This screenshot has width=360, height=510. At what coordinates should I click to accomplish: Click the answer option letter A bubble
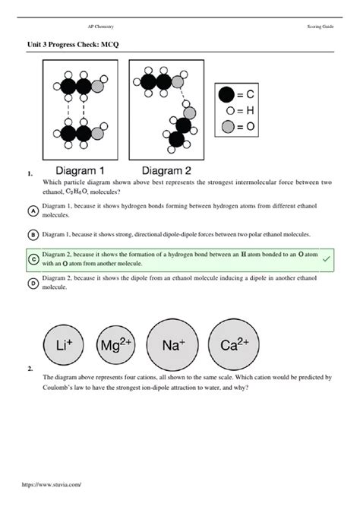33,211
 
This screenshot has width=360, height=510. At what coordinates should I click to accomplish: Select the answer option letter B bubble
33,235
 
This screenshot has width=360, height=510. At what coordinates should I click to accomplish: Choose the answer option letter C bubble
33,259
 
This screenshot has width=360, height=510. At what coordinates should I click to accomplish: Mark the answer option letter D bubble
33,284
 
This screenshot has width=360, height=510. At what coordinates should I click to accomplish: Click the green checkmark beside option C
326,259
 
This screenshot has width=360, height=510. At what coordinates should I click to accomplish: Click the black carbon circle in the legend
226,95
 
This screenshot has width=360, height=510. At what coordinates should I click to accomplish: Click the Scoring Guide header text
317,27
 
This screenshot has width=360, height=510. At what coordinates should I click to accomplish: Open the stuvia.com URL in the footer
52,503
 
